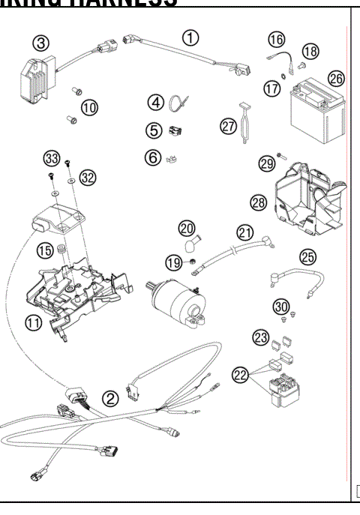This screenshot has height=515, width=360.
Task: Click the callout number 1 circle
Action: [x=193, y=36]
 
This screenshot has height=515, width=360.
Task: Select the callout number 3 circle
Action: [x=42, y=43]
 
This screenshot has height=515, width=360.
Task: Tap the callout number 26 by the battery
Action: [x=337, y=78]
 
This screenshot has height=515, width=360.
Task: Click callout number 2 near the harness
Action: [x=110, y=399]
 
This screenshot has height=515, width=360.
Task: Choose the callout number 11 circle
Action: [x=32, y=323]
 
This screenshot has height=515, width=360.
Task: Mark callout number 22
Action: [x=240, y=375]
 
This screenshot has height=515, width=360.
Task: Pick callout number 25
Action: [x=307, y=257]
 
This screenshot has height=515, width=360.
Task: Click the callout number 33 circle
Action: [x=51, y=159]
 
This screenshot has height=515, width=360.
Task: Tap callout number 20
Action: [x=187, y=226]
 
